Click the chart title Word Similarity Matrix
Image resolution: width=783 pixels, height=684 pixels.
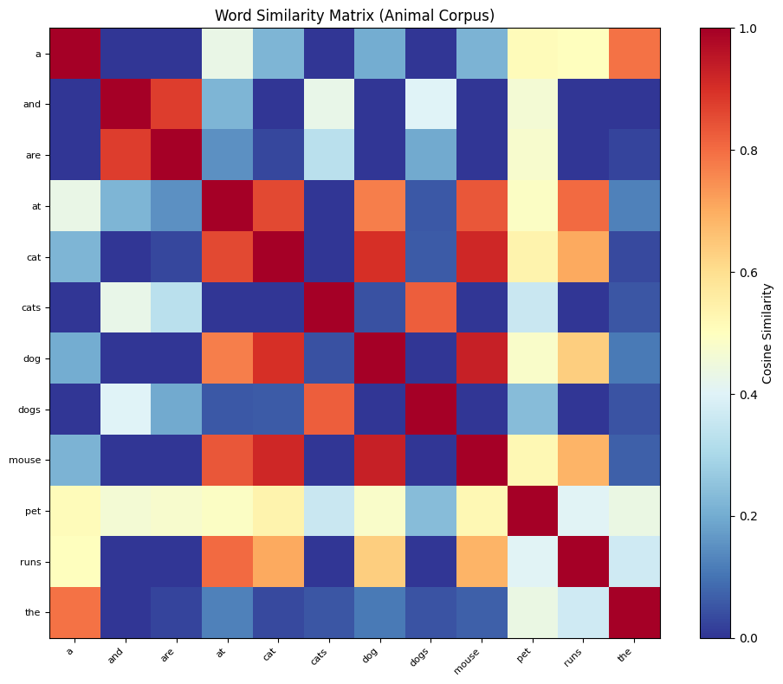pyautogui.click(x=354, y=15)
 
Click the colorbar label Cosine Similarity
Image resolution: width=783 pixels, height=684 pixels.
pyautogui.click(x=767, y=333)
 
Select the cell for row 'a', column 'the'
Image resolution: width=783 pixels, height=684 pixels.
pyautogui.click(x=635, y=54)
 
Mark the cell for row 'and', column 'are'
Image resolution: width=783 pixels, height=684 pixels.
pyautogui.click(x=177, y=105)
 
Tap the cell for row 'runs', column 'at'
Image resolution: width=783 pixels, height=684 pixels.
pyautogui.click(x=228, y=562)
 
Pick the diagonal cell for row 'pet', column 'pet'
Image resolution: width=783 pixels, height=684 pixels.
pyautogui.click(x=533, y=511)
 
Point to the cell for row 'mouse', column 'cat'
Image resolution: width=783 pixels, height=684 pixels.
pyautogui.click(x=279, y=461)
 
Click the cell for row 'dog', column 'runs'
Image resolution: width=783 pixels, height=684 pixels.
pyautogui.click(x=584, y=358)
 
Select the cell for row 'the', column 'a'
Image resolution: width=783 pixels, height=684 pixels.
pyautogui.click(x=75, y=613)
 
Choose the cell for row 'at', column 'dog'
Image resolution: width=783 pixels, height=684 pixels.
pyautogui.click(x=380, y=206)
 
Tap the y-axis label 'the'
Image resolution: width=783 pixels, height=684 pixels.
pyautogui.click(x=33, y=613)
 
